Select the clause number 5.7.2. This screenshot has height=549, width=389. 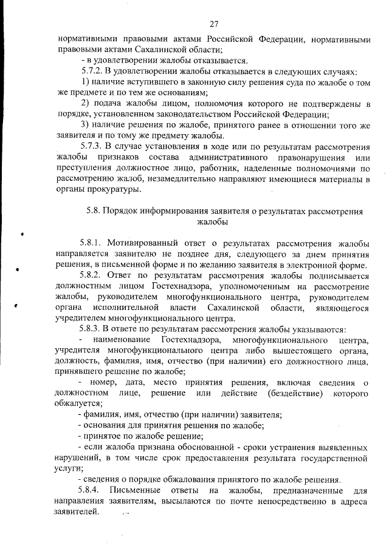pos(93,71)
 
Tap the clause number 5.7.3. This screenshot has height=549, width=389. pos(93,146)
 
